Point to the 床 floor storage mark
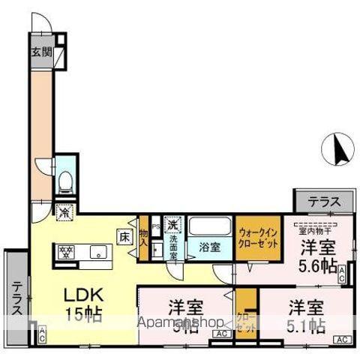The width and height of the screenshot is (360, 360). point(124,236)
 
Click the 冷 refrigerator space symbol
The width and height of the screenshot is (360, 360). point(65,212)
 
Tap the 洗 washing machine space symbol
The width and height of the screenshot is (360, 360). point(173,224)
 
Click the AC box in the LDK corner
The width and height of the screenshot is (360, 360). point(42,334)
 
